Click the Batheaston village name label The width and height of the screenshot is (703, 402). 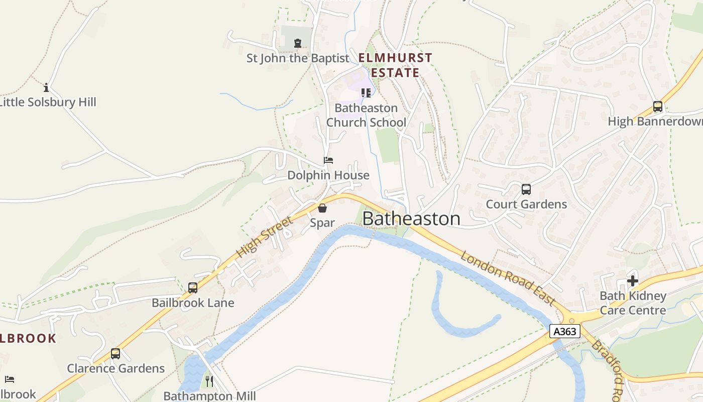click(411, 219)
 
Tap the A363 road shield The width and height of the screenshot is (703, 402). click(565, 331)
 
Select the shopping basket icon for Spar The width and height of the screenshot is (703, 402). click(322, 208)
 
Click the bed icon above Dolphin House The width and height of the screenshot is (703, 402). click(328, 160)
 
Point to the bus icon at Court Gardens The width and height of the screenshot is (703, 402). click(526, 189)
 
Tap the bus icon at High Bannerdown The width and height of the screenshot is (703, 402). click(657, 107)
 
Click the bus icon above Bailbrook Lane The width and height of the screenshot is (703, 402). click(193, 288)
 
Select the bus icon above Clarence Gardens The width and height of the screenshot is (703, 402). click(115, 354)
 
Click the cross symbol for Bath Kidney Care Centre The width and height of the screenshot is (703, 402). click(633, 281)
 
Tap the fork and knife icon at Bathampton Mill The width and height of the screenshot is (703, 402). click(209, 381)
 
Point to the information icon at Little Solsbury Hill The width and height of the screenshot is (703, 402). click(46, 88)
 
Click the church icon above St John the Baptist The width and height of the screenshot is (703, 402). click(298, 43)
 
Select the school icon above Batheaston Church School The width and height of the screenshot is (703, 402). click(366, 93)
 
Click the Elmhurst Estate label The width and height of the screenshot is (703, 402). click(395, 65)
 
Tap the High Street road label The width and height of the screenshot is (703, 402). click(264, 237)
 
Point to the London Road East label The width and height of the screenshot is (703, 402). click(508, 278)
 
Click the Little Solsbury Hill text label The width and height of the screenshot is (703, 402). click(48, 103)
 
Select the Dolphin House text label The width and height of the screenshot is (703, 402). click(328, 175)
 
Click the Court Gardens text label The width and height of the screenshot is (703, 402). click(526, 205)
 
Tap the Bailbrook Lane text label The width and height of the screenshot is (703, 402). click(193, 303)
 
